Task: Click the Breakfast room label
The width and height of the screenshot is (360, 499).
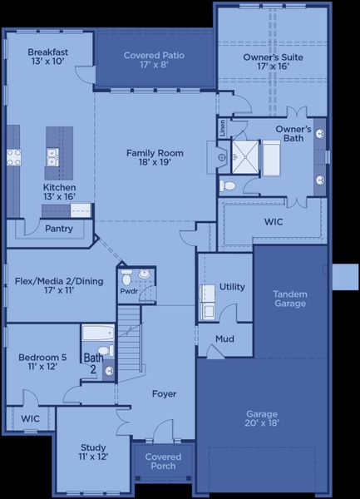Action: click(x=47, y=57)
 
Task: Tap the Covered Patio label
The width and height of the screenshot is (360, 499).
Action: click(x=154, y=60)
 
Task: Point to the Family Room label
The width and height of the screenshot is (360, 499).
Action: click(x=154, y=158)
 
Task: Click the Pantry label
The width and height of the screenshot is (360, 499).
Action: click(x=58, y=229)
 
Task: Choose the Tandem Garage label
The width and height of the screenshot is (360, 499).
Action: click(x=289, y=299)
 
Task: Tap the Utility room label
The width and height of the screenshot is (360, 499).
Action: click(x=232, y=287)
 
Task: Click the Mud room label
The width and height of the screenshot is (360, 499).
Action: click(x=224, y=339)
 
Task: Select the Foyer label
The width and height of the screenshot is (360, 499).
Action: click(x=164, y=393)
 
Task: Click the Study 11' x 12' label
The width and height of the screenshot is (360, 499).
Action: click(x=93, y=452)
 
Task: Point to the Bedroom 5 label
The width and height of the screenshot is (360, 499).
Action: click(x=42, y=362)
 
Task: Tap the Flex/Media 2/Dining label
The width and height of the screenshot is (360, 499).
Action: click(x=59, y=286)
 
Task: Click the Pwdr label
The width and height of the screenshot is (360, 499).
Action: click(x=129, y=292)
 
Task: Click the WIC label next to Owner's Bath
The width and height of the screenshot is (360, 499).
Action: click(x=274, y=223)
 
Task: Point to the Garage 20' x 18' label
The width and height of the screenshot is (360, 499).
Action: click(x=262, y=418)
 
